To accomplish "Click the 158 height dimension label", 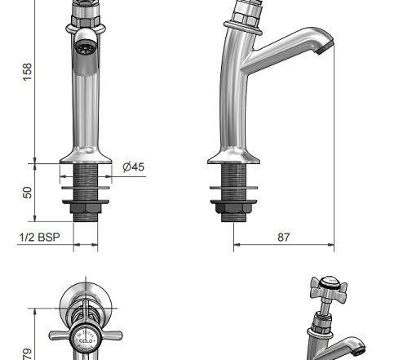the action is [x=27, y=72].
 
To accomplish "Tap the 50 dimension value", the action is [x=27, y=193].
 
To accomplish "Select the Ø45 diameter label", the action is [x=133, y=167].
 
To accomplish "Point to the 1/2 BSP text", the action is [x=39, y=237].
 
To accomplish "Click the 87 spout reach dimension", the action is [x=284, y=237].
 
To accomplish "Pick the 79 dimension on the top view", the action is [x=27, y=354].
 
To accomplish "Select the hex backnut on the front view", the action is [x=86, y=208].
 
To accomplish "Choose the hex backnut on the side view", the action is [x=233, y=208].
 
